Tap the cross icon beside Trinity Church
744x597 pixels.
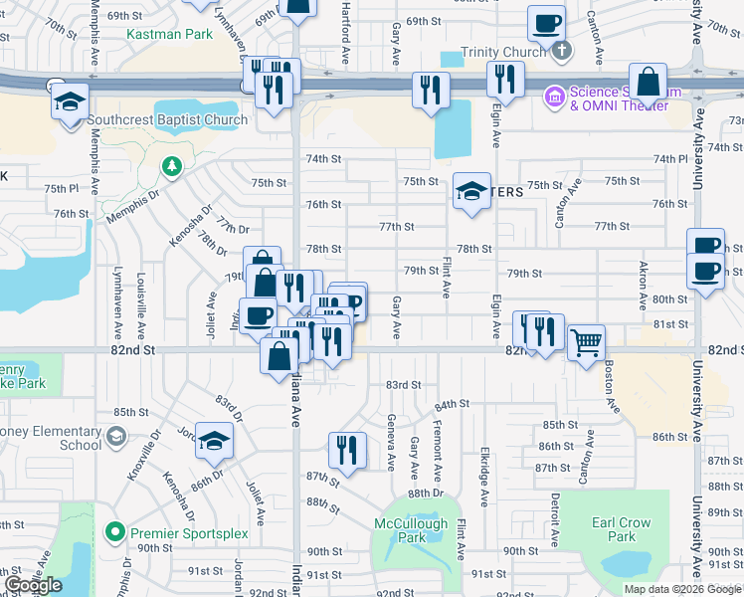[x=561, y=50]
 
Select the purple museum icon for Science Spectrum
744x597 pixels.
[x=552, y=97]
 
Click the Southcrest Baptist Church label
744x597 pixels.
[x=167, y=120]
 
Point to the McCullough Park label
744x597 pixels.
[x=408, y=530]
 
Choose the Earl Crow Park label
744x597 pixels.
[x=621, y=529]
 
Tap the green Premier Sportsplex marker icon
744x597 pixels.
[x=116, y=532]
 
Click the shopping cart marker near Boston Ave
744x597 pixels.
[x=587, y=341]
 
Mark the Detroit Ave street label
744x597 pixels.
[x=555, y=514]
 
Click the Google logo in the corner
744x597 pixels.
[x=33, y=585]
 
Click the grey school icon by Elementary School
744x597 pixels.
[x=116, y=436]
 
